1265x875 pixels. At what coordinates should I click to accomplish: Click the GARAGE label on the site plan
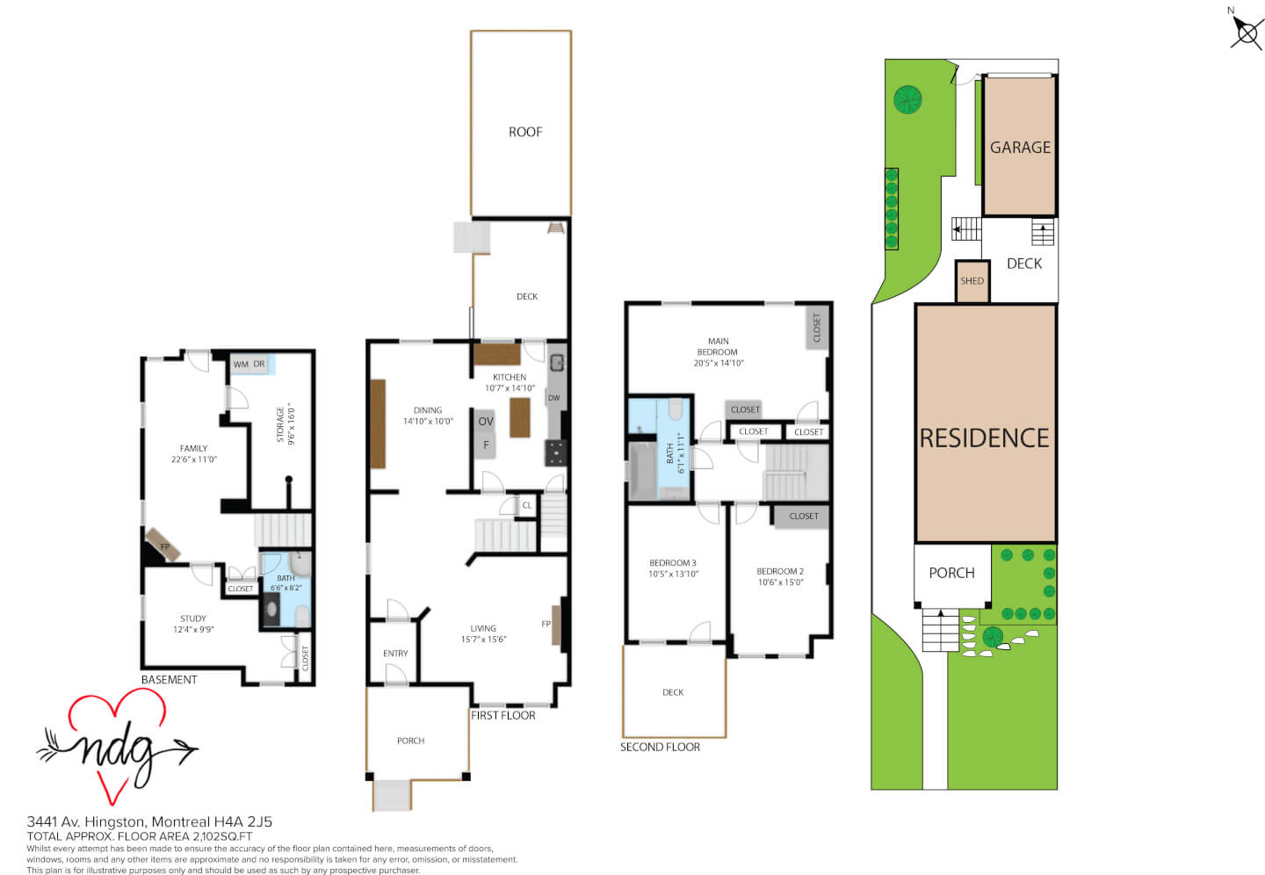click(1020, 148)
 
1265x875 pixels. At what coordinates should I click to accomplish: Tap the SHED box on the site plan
click(972, 281)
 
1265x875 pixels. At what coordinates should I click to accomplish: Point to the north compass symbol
click(1247, 33)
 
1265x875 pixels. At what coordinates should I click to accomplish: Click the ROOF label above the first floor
click(525, 132)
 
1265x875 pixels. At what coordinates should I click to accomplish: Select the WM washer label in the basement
click(241, 365)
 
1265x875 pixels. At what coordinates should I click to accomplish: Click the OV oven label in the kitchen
click(486, 422)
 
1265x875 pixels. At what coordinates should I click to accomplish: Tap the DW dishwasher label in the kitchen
click(554, 398)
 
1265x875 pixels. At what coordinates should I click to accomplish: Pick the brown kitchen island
click(519, 417)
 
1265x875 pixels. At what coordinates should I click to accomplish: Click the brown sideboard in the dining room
click(378, 423)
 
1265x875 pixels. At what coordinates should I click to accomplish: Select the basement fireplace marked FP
click(163, 545)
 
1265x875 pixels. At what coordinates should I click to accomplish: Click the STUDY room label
click(193, 618)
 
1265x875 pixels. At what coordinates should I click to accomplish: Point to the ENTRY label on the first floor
click(395, 654)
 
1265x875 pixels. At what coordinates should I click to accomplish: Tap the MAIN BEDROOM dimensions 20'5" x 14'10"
click(719, 363)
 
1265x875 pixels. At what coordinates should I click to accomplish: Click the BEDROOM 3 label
click(673, 562)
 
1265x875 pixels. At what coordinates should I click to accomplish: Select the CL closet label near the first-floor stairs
click(526, 505)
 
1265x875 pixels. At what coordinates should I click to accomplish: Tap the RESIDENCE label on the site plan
click(984, 438)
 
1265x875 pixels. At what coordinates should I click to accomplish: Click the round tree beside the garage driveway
click(907, 100)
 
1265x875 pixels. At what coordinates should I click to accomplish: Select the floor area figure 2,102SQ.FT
click(222, 836)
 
